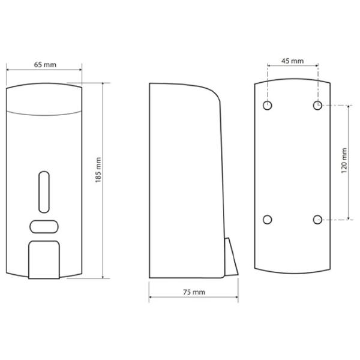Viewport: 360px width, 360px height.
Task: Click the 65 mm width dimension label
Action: pyautogui.click(x=45, y=65)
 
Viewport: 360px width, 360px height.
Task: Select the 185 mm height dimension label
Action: pyautogui.click(x=98, y=170)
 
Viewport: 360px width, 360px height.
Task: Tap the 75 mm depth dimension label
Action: pyautogui.click(x=194, y=292)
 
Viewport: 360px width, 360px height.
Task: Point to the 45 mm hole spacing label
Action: pyautogui.click(x=293, y=61)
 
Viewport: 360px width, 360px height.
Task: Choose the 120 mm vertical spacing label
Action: pyautogui.click(x=344, y=160)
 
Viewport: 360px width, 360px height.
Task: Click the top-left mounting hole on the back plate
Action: pyautogui.click(x=268, y=106)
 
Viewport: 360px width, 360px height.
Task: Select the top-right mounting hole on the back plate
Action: pyautogui.click(x=317, y=106)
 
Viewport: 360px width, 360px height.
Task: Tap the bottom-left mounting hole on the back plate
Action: pyautogui.click(x=268, y=220)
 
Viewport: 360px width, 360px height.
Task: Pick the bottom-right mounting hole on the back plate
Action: pyautogui.click(x=317, y=220)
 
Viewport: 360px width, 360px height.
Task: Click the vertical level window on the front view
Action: pyautogui.click(x=44, y=192)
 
